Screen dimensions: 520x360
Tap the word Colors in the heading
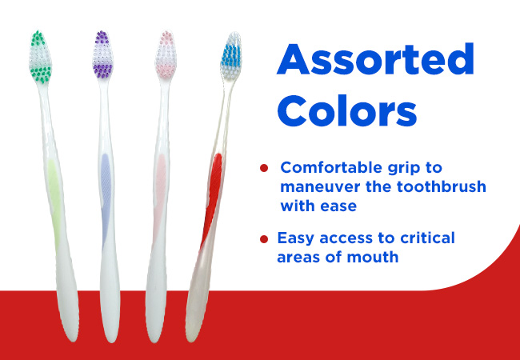point(346,110)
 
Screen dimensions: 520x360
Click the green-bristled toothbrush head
point(40,57)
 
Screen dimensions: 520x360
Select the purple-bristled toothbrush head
point(103,55)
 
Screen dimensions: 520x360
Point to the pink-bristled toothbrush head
point(166,55)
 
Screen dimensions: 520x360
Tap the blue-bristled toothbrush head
point(231,56)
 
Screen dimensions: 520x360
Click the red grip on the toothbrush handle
point(211,200)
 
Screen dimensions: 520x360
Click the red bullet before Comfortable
point(264,168)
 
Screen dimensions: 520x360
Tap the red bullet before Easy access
point(264,239)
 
